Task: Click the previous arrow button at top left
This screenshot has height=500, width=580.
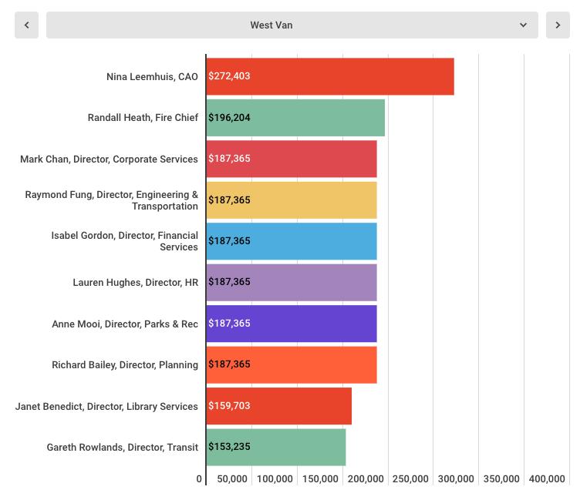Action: click(26, 25)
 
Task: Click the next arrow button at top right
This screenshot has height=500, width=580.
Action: click(558, 25)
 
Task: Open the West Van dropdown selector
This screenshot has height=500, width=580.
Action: click(292, 25)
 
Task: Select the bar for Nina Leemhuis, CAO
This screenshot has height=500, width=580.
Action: click(330, 76)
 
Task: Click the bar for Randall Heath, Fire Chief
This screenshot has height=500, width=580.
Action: click(295, 118)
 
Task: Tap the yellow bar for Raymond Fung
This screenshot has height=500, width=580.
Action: click(292, 200)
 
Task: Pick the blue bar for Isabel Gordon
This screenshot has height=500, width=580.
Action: click(292, 241)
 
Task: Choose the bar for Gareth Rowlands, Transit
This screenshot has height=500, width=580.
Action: click(276, 447)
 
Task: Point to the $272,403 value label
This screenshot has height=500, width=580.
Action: click(229, 76)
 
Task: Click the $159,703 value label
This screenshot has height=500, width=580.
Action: click(229, 406)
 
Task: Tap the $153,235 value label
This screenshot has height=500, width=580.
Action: click(229, 447)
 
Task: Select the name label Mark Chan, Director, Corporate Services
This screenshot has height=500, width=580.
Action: click(109, 159)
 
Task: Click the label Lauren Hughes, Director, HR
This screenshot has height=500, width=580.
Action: click(135, 283)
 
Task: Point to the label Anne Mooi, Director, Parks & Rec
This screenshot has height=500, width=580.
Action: click(125, 324)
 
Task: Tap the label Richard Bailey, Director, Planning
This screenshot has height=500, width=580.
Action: click(125, 365)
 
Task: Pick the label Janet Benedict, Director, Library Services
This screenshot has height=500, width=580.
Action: click(106, 407)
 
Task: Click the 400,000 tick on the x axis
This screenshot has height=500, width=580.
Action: click(547, 479)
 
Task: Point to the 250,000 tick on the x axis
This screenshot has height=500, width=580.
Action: click(410, 479)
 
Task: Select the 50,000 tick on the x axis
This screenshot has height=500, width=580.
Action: click(232, 479)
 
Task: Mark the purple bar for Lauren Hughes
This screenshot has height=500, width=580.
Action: click(292, 282)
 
